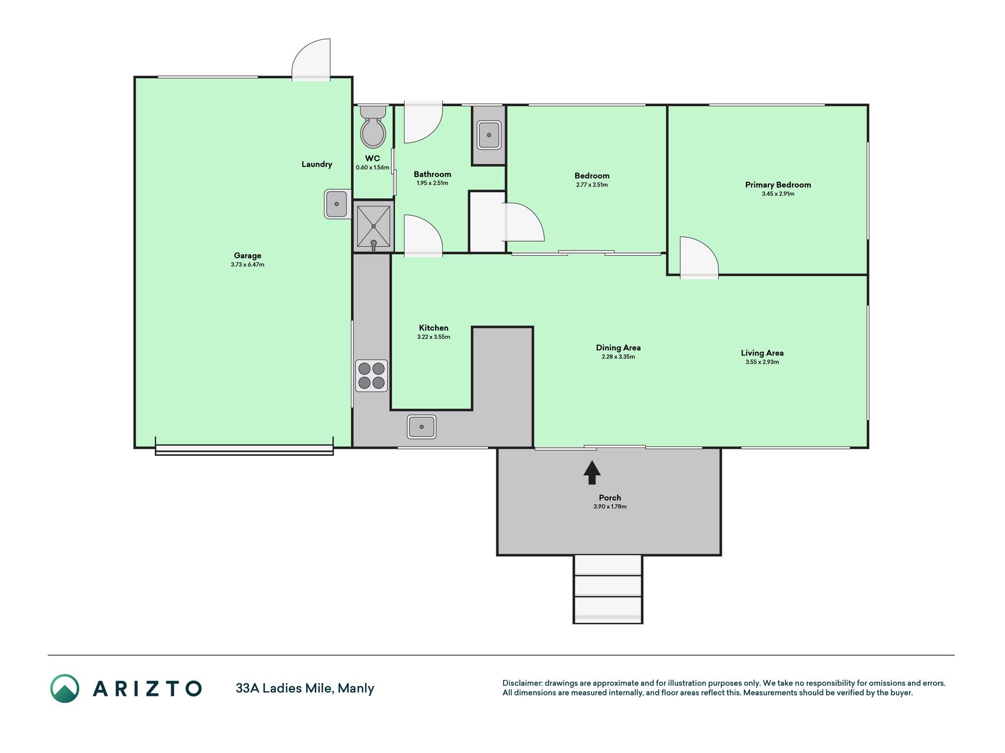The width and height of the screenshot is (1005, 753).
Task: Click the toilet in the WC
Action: (373, 126)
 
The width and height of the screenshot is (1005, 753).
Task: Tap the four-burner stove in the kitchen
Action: (372, 376)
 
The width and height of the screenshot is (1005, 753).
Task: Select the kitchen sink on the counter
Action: (422, 427)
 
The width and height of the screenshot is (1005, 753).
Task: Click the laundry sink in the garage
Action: (337, 204)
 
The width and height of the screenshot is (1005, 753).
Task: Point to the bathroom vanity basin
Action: (489, 135)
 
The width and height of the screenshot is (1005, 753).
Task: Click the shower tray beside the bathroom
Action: (373, 226)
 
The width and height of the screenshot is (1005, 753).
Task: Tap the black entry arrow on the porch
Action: (592, 472)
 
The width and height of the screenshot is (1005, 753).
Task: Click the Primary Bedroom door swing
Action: (699, 257)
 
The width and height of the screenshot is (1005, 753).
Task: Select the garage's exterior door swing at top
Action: (311, 59)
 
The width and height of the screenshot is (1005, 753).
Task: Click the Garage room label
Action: (247, 255)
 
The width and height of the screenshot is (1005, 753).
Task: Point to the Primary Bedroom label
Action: (778, 185)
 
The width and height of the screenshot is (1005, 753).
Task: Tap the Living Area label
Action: (762, 353)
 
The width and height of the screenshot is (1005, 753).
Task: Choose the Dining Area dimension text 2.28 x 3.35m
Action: (618, 356)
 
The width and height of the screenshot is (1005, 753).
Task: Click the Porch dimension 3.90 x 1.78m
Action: (610, 507)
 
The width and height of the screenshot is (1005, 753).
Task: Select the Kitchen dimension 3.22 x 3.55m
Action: (433, 337)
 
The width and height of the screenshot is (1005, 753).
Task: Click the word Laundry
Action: (317, 164)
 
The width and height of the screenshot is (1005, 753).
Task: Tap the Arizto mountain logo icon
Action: (65, 688)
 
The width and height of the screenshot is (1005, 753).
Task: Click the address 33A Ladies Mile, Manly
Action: (305, 688)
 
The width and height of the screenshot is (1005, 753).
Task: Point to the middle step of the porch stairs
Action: (608, 586)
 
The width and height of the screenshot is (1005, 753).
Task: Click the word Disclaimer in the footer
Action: (522, 683)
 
